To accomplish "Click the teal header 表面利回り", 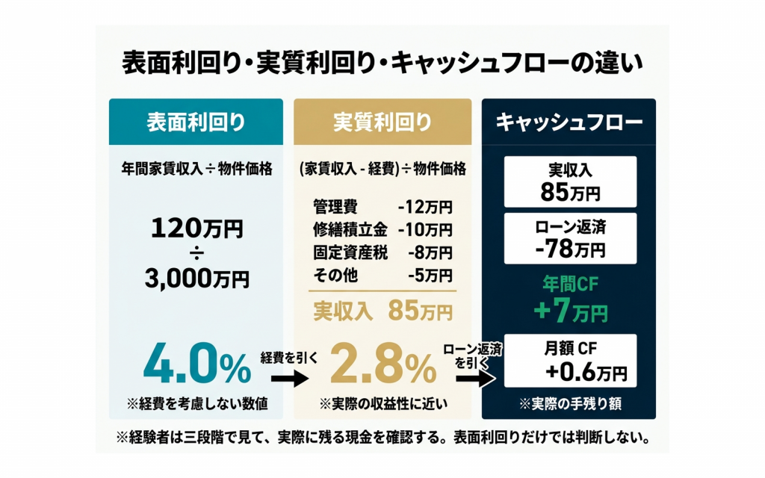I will coord(196,122).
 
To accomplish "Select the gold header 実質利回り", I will coord(382,122).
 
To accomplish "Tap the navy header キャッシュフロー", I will coord(569,122).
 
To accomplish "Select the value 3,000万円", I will coord(196,279).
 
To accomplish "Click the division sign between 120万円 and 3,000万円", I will coord(196,255).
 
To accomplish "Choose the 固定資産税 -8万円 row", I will coord(382,252).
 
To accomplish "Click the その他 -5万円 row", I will coord(382,275).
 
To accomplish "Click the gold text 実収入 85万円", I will coord(382,309).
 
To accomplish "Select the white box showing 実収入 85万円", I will coord(570,181).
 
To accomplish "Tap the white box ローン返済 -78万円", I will coord(570,238).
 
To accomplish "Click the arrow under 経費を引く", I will coord(288,379).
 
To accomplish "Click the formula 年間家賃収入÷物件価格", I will coord(196,169).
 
